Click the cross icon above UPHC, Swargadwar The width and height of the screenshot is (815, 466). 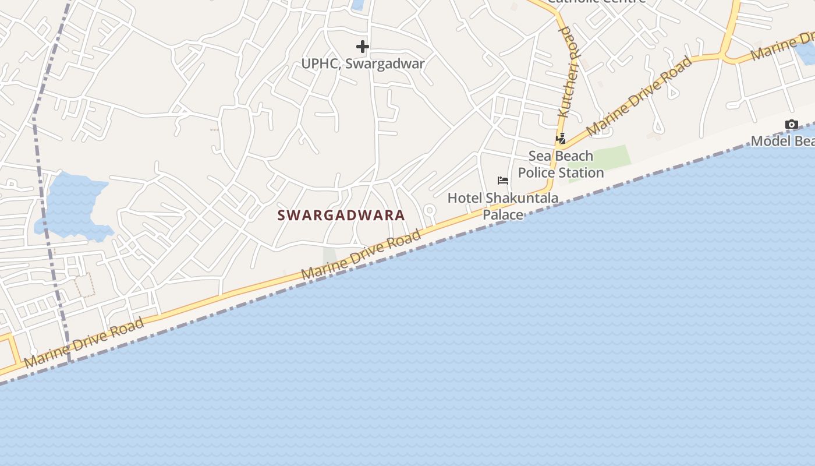[363, 46]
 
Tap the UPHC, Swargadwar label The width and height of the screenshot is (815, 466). [363, 63]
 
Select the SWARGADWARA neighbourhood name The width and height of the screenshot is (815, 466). [341, 216]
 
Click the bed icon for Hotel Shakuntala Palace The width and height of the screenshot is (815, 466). [503, 181]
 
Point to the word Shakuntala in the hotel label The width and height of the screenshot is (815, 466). [522, 198]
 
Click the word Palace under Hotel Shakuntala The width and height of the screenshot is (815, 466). [503, 215]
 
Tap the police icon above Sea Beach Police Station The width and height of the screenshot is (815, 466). [561, 139]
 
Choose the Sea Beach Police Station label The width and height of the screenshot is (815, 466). [561, 164]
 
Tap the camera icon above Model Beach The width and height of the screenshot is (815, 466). [791, 124]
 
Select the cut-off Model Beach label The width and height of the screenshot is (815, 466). [782, 141]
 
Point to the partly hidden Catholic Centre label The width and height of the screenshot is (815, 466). [597, 2]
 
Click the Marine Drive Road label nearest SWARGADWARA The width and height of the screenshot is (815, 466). [362, 255]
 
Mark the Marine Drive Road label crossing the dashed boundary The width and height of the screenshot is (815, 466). [84, 344]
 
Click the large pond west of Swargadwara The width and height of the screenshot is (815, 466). [73, 207]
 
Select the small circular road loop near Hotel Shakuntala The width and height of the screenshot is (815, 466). [430, 210]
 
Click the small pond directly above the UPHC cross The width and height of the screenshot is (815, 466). [357, 5]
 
